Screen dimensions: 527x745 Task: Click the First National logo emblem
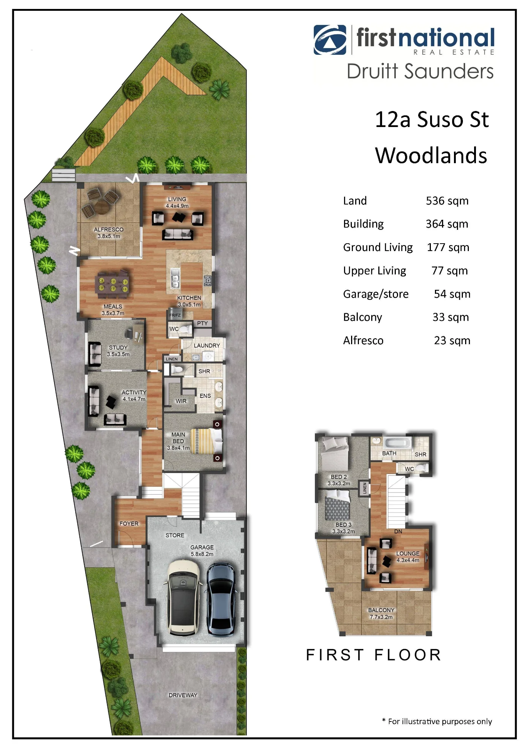coord(330,40)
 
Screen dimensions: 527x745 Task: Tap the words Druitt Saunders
coord(420,71)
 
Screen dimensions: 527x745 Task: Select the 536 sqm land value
coord(447,201)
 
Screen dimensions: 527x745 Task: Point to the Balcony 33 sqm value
coord(451,317)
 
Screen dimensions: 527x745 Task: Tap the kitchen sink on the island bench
coord(175,278)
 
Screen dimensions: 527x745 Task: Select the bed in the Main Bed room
coord(206,441)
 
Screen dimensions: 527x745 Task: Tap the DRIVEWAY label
coord(183,695)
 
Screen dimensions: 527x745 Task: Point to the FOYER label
coord(129,524)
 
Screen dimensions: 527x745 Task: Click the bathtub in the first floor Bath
coord(398,443)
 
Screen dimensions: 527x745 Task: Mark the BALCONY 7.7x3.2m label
coord(381,614)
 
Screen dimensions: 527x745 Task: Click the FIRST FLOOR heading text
coord(373,655)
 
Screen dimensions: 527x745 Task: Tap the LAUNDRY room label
coord(207,346)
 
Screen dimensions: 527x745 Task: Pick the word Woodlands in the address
coord(431,155)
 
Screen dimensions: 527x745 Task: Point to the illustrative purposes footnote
coord(437,722)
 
